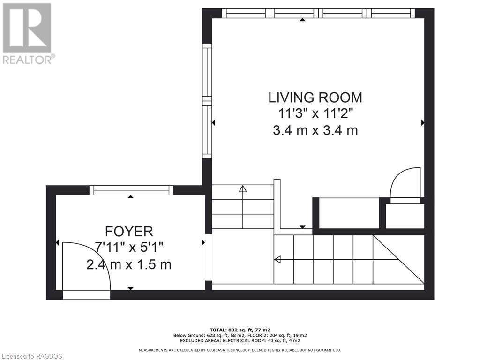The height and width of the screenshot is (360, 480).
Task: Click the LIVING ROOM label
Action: [x=315, y=97]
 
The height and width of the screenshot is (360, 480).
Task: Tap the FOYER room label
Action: [x=129, y=231]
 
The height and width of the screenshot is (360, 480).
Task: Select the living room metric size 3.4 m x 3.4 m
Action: [x=315, y=130]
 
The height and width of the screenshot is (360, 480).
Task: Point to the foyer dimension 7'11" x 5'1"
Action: [x=129, y=247]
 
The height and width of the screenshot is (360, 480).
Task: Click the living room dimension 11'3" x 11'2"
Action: [x=315, y=114]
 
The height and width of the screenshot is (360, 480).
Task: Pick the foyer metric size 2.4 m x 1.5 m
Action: [x=129, y=264]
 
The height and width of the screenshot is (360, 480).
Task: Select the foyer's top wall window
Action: [x=131, y=190]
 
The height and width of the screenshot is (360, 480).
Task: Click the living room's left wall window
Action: [x=207, y=101]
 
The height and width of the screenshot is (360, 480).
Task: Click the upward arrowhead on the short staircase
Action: [x=242, y=189]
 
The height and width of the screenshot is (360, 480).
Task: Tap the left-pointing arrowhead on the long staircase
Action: [x=277, y=259]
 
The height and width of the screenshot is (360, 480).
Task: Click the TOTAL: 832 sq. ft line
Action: [x=240, y=330]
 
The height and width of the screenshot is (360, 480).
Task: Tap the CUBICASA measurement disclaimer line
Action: [x=240, y=350]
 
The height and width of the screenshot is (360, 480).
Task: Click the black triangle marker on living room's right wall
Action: [x=423, y=122]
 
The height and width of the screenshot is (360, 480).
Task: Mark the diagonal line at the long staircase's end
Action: [x=398, y=259]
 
